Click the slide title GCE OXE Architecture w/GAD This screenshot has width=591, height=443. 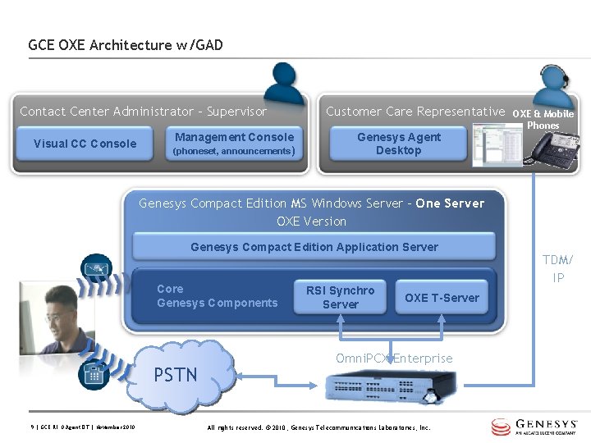[x=126, y=45]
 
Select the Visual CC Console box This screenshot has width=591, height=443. [x=85, y=144]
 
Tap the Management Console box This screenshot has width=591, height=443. [x=234, y=144]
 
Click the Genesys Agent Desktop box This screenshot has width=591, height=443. [x=398, y=144]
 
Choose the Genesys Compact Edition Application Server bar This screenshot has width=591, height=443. [x=314, y=247]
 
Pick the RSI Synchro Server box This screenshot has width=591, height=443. [x=340, y=297]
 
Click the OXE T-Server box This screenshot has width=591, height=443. [x=442, y=298]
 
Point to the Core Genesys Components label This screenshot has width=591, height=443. [x=217, y=296]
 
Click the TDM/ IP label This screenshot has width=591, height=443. [x=558, y=269]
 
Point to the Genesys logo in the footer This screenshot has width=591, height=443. [x=538, y=427]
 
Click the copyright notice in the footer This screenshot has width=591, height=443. [x=318, y=427]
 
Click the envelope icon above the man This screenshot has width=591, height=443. [x=94, y=267]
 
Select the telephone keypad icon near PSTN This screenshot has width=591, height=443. [x=93, y=374]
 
